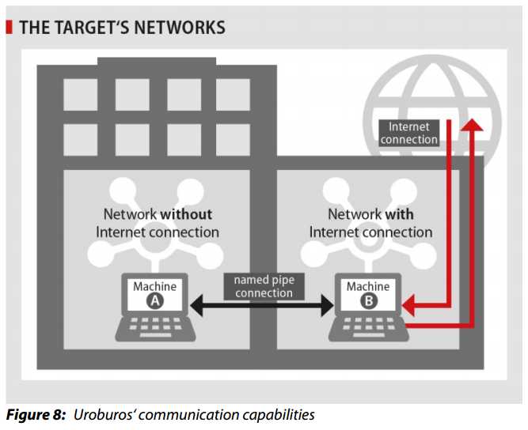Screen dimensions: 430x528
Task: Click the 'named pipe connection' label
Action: tap(263, 286)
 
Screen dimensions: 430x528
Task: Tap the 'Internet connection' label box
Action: tap(408, 133)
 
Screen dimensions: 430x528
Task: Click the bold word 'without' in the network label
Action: tap(186, 214)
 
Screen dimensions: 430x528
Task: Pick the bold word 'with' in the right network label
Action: tap(400, 214)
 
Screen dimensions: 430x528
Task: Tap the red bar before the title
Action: tap(9, 28)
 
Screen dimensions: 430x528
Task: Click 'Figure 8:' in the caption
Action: tap(35, 414)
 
